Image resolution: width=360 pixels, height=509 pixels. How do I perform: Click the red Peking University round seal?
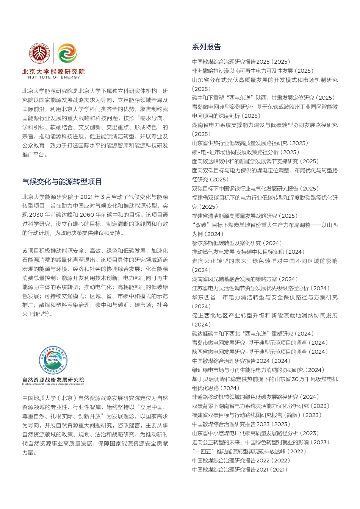40,53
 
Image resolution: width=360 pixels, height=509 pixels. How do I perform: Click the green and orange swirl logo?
67,53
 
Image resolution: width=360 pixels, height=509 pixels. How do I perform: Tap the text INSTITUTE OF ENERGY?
53,77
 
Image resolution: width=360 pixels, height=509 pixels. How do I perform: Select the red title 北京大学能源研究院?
53,71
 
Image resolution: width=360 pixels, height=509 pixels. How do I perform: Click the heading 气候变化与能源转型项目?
62,182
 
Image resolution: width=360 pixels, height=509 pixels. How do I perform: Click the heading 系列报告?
206,47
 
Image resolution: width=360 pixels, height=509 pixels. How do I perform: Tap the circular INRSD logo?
53,360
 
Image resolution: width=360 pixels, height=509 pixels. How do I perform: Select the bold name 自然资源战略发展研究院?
53,379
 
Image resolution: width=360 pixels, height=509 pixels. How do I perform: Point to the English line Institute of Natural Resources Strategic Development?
53,384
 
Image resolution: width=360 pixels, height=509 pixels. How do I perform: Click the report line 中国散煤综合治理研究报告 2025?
241,62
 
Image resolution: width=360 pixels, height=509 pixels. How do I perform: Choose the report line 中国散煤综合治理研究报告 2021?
240,470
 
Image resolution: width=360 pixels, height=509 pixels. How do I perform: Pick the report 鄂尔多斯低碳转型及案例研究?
237,243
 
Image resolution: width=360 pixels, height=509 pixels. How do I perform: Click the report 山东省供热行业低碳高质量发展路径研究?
250,143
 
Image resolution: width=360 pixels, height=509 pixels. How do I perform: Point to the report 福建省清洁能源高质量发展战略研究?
245,216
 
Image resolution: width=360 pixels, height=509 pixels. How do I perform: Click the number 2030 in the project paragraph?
36,215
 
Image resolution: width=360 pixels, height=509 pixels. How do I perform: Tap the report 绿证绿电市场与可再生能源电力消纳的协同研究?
258,370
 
